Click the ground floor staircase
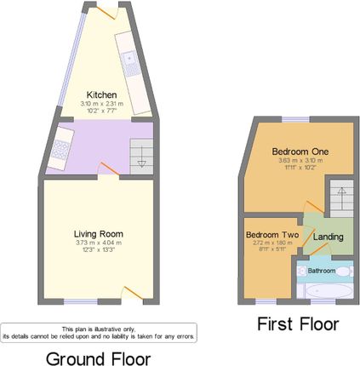141,156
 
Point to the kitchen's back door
109,11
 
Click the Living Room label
99,233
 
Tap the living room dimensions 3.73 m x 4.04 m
99,243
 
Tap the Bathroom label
322,271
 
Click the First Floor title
298,324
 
